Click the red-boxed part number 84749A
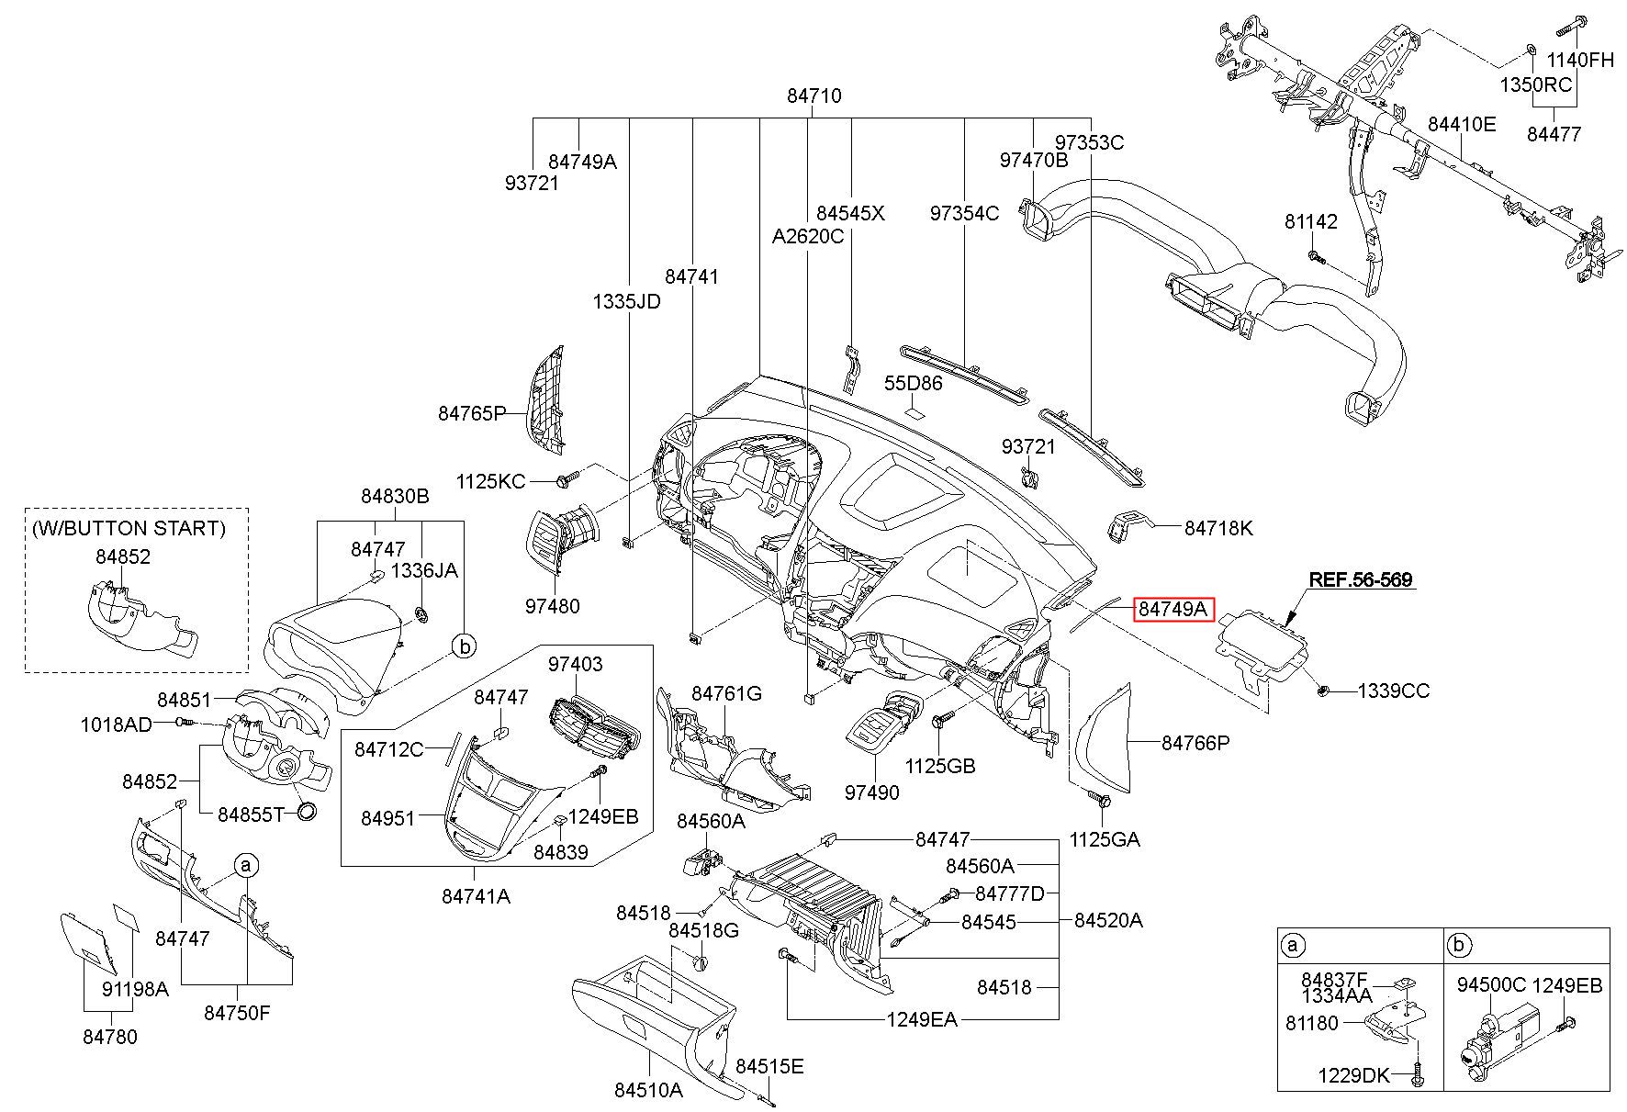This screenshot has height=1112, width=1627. click(1173, 609)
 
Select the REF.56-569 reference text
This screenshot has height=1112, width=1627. click(1360, 579)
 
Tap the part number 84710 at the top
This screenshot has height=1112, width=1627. click(813, 95)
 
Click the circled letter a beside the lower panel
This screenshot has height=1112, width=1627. click(245, 865)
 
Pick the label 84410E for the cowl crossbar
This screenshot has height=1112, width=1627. click(1462, 123)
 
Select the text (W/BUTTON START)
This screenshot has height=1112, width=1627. click(128, 528)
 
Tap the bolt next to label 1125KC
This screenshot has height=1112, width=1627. click(568, 479)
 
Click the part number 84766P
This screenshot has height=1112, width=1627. click(1195, 743)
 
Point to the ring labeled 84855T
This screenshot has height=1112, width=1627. click(307, 812)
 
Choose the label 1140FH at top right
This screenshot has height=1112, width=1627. click(1580, 61)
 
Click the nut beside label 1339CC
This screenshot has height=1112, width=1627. click(1323, 690)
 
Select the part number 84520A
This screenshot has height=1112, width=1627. click(1108, 919)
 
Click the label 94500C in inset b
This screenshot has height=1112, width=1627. click(1491, 985)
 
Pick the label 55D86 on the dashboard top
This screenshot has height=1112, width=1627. click(913, 382)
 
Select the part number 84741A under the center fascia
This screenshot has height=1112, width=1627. click(476, 895)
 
